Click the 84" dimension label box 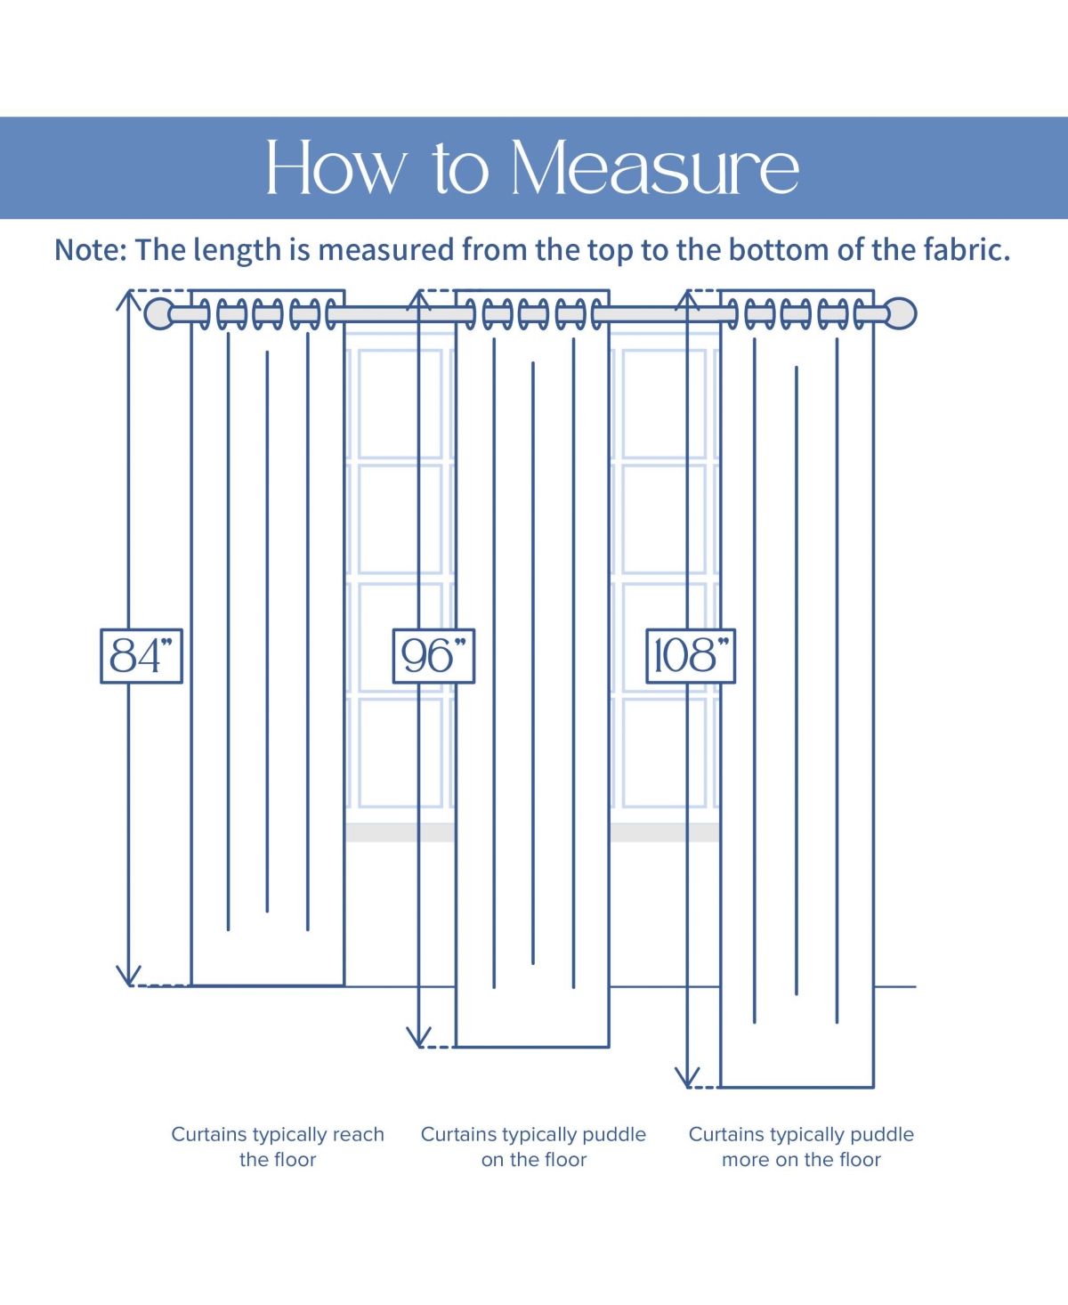[142, 656]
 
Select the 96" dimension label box [433, 656]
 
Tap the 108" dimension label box [691, 656]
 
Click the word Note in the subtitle [90, 250]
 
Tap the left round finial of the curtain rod [158, 313]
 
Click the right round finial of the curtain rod [902, 313]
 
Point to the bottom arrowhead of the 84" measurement [129, 977]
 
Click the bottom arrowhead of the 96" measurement [418, 1038]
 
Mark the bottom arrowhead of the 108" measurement [688, 1078]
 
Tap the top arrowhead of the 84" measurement [129, 299]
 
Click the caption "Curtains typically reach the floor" [278, 1147]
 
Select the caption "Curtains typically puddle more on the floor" [801, 1147]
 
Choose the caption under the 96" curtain [533, 1147]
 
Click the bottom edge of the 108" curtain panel [797, 1087]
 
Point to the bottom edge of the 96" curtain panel [532, 1047]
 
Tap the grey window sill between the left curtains [400, 832]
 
